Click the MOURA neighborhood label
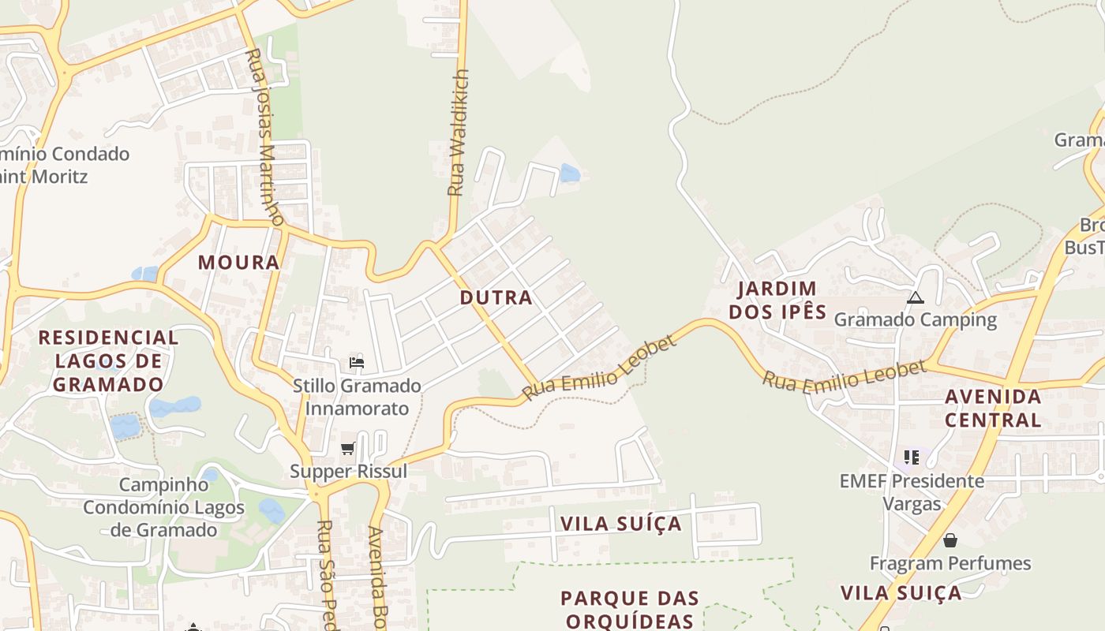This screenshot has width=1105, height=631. (x=238, y=263)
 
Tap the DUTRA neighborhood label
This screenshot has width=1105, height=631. (x=496, y=298)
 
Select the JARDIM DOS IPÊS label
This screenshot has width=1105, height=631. (x=777, y=301)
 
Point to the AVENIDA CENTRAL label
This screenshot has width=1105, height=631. (x=993, y=408)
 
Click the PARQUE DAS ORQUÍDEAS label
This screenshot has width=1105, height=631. (x=630, y=610)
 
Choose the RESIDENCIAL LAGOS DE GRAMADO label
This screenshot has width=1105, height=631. (x=109, y=361)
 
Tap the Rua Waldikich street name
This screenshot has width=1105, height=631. (x=459, y=133)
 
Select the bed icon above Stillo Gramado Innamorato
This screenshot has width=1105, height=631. (x=357, y=363)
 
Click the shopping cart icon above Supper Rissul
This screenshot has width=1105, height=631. (x=347, y=449)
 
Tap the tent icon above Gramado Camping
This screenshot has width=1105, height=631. (x=916, y=297)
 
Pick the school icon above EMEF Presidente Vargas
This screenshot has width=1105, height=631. (x=912, y=457)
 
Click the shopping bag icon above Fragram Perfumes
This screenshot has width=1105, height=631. (x=950, y=540)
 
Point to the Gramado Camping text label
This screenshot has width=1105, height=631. (x=916, y=320)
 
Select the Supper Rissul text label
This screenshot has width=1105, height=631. (x=348, y=472)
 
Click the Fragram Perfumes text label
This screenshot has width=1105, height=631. (x=950, y=563)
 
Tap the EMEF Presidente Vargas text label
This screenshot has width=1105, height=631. (x=912, y=492)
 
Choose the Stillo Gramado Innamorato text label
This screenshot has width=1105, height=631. (x=357, y=397)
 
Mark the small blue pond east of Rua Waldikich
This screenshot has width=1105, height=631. (x=569, y=173)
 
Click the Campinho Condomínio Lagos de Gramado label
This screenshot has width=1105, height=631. (x=163, y=506)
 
